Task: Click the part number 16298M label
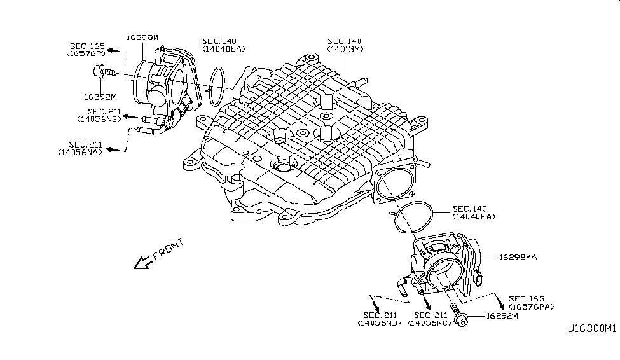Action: pos(142,38)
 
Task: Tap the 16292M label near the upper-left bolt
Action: pos(100,97)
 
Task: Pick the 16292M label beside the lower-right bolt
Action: pos(502,315)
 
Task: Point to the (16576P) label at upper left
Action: pos(85,53)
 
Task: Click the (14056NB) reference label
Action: pos(97,119)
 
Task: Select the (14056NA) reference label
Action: pos(78,153)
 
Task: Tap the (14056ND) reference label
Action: pos(379,323)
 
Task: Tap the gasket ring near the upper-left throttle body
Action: pos(218,85)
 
